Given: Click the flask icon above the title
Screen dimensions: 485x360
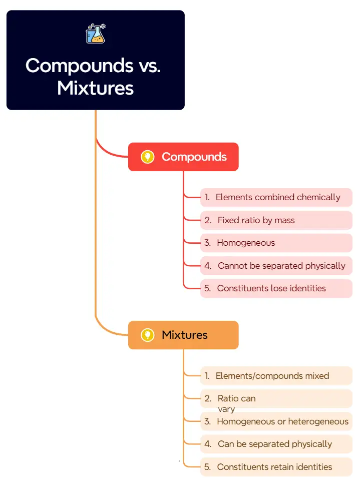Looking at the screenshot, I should [96, 34].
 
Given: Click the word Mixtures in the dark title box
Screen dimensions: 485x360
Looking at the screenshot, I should [95, 88].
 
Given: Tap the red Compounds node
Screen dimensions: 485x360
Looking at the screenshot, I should [183, 157].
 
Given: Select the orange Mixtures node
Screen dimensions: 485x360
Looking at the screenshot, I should [183, 335].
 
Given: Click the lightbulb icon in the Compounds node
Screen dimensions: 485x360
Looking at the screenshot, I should [147, 157].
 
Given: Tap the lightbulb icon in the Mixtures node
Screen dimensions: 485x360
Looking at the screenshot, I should [147, 335].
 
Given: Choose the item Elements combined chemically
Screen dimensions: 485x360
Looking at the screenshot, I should [276, 197].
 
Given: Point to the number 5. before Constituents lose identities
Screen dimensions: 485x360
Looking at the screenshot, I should [207, 288].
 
